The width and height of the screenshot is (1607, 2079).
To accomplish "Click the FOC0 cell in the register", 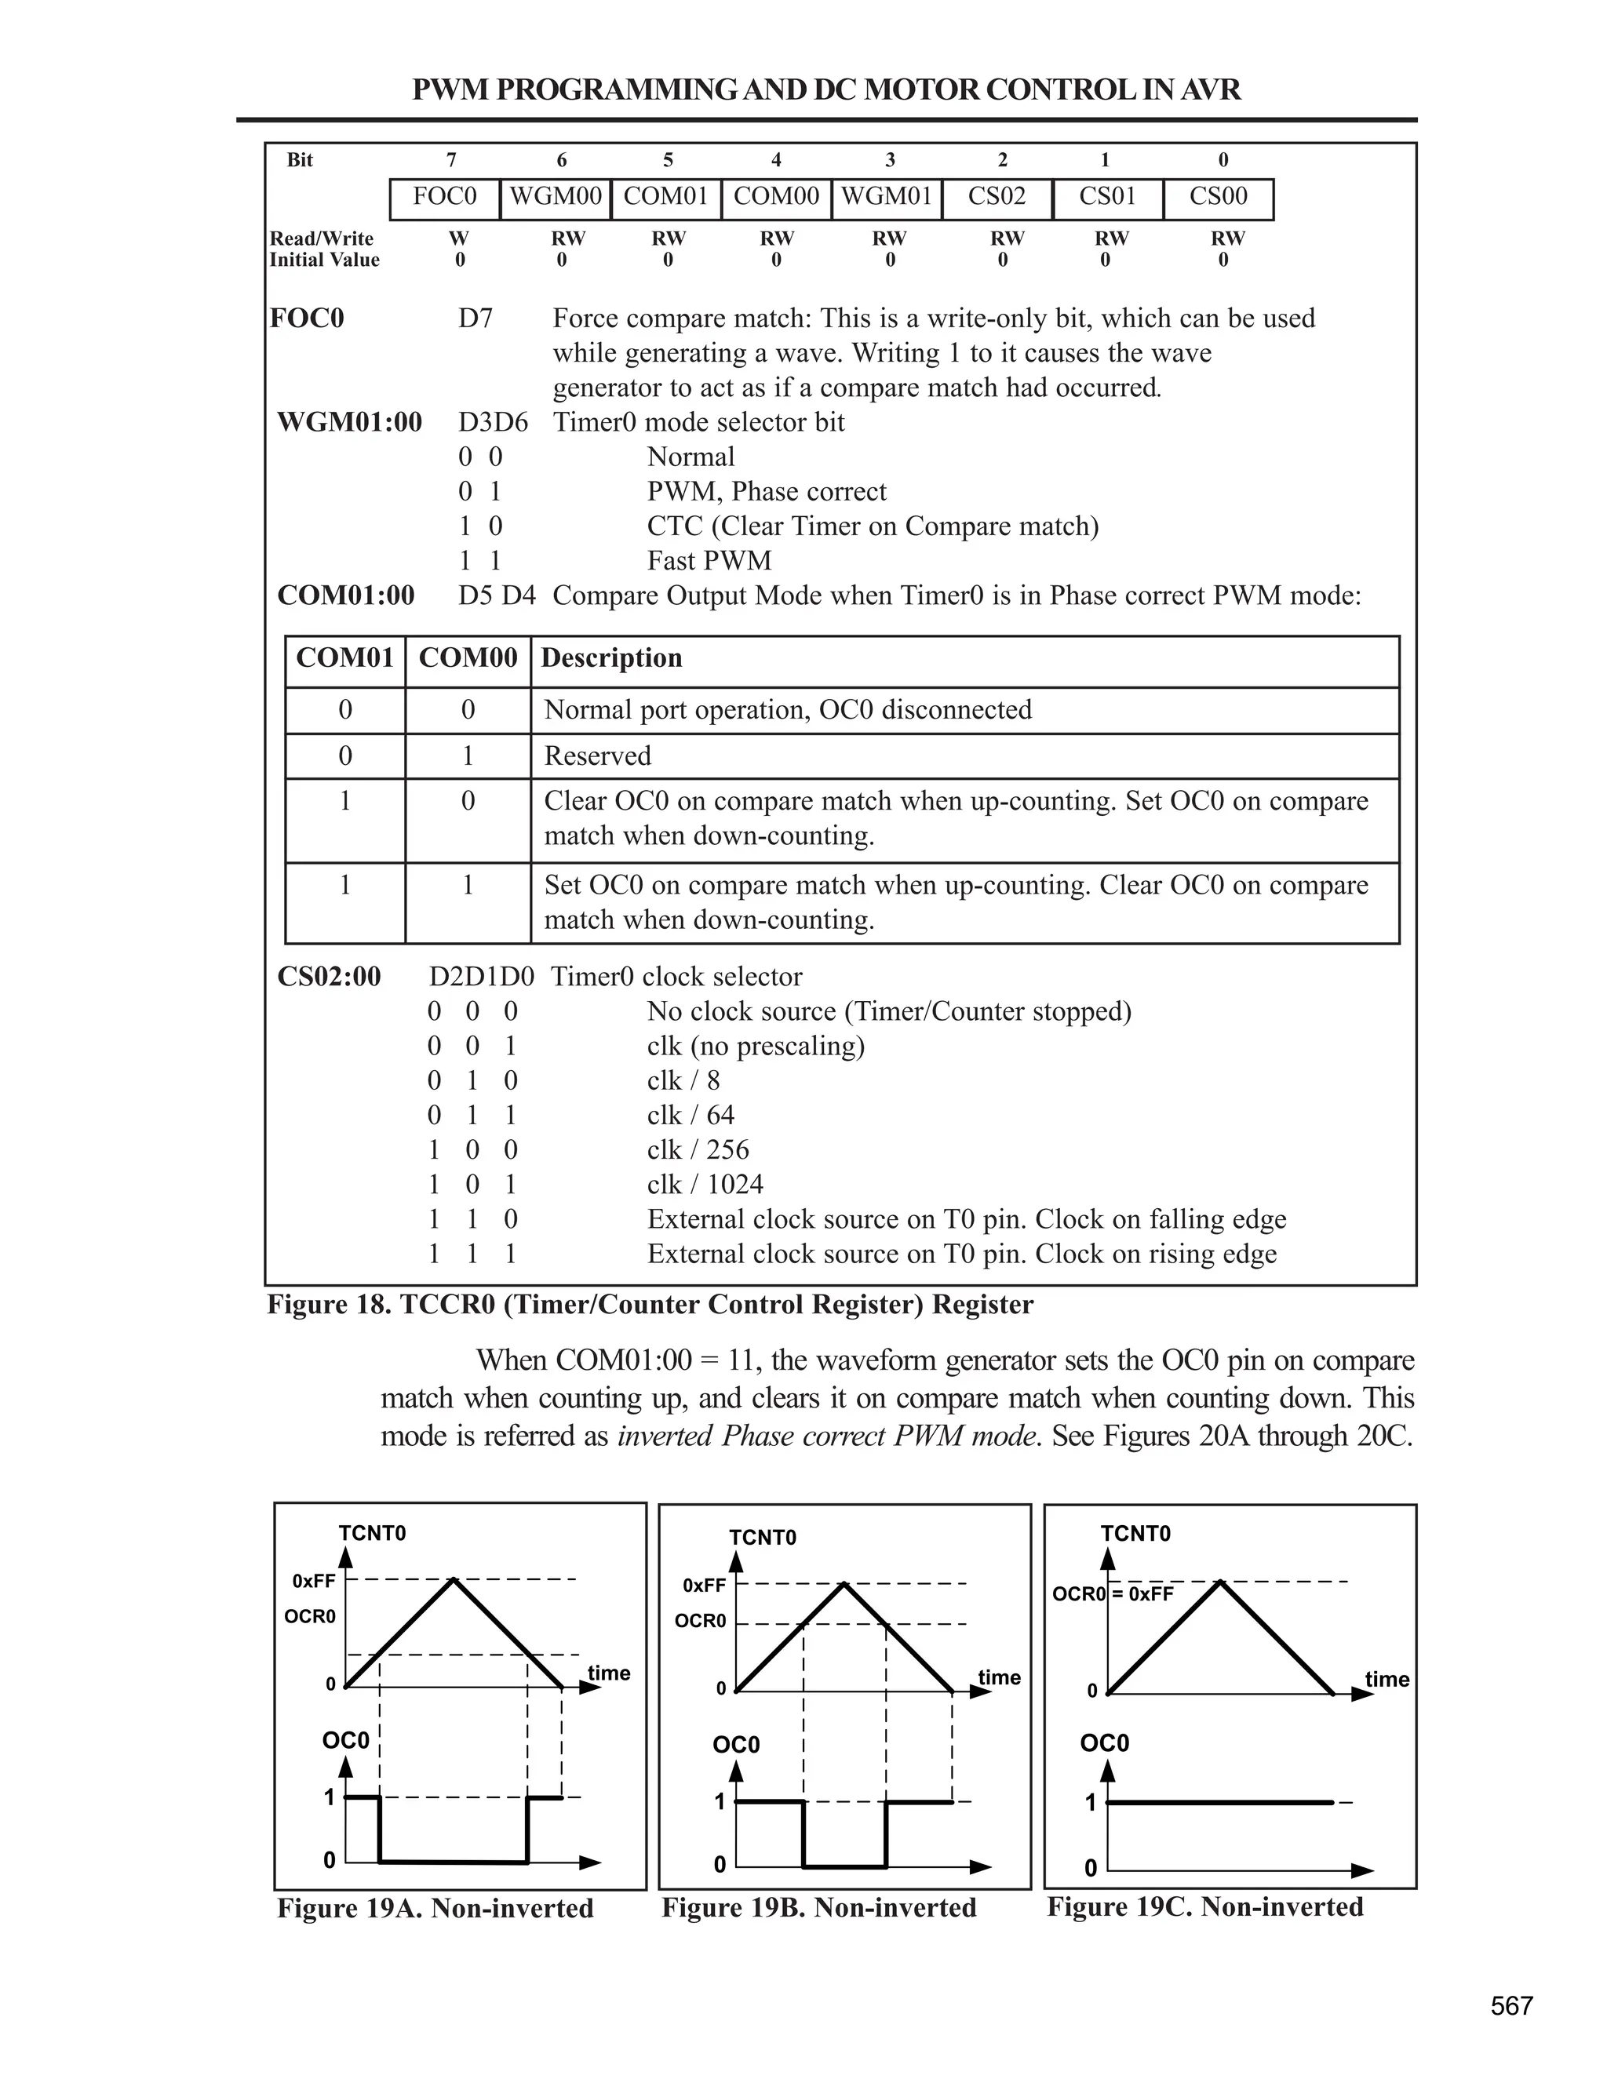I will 445,197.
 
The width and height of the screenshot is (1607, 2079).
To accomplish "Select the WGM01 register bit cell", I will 887,197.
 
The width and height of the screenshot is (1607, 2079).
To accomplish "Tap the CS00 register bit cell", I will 1218,197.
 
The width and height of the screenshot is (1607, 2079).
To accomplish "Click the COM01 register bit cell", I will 665,197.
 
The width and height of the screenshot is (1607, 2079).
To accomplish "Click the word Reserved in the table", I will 597,756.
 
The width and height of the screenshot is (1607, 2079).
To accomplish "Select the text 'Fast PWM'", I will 709,561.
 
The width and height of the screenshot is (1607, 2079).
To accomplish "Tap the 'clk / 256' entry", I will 698,1150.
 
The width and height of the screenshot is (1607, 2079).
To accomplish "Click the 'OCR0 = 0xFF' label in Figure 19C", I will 1112,1593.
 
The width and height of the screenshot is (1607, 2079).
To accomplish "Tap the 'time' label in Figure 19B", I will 999,1677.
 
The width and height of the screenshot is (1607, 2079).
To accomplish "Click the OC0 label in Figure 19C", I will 1103,1743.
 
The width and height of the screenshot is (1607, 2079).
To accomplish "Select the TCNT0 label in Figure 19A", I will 372,1533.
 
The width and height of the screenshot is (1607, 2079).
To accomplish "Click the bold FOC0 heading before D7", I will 307,318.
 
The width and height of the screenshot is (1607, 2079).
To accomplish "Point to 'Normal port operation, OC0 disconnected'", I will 787,710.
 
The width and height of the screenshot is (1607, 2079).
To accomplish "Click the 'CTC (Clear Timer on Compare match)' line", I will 872,526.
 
